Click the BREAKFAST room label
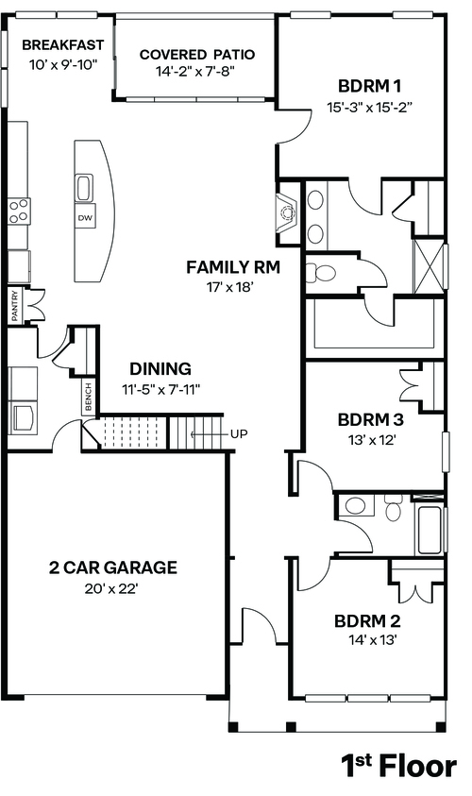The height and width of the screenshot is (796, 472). click(63, 45)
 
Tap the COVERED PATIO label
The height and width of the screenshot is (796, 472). click(197, 55)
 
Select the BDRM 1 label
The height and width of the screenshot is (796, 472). click(369, 86)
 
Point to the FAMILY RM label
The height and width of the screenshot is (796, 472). click(233, 267)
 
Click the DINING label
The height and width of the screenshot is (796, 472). click(160, 368)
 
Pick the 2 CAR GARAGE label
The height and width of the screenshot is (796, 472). click(113, 567)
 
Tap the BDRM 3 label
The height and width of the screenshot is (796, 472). click(370, 420)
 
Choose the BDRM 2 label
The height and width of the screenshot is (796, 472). click(367, 621)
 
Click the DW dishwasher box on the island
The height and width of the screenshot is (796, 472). click(85, 218)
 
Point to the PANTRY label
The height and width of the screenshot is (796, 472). click(15, 305)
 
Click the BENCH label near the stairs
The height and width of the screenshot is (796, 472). click(89, 398)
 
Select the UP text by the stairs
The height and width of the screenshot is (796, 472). click(239, 434)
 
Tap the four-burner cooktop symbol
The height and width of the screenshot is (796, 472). click(19, 211)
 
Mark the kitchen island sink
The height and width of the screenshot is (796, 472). click(84, 188)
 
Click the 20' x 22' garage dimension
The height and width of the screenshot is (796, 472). click(111, 589)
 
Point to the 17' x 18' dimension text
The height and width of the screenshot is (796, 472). click(230, 288)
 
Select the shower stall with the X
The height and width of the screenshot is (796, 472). click(429, 266)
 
